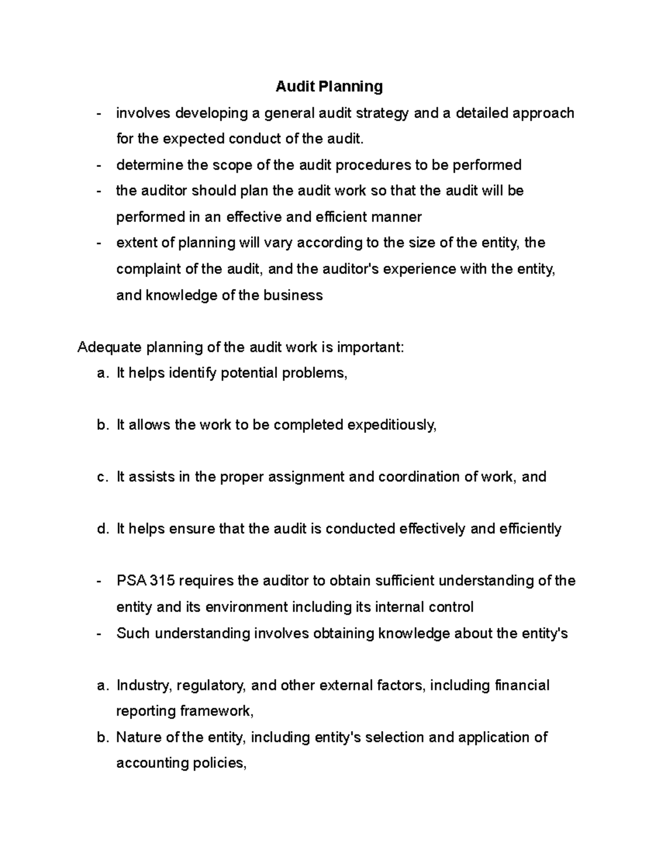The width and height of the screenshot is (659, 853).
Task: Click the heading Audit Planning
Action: pos(329,86)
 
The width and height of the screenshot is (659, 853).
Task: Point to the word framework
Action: pos(217,711)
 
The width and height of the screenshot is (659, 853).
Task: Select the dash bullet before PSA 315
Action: pos(99,581)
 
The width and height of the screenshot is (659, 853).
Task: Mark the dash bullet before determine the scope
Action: pos(99,165)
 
